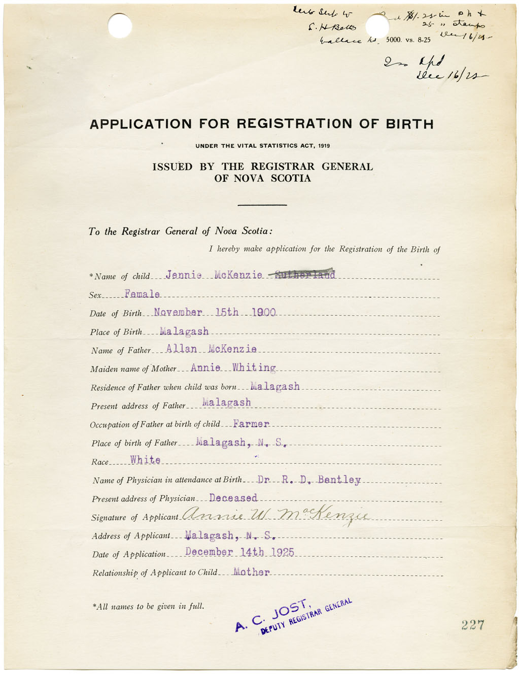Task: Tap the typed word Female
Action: (142, 294)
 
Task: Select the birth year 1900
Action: (263, 312)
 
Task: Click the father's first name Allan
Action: (181, 349)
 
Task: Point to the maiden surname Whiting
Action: (254, 367)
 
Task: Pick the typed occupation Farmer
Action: (251, 423)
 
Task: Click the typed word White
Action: (145, 460)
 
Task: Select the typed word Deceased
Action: (233, 498)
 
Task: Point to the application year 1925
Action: (282, 552)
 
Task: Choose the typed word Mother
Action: (251, 572)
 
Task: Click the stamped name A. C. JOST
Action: (272, 616)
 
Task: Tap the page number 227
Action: (473, 625)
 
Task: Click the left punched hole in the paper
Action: (120, 25)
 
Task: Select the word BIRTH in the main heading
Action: (409, 124)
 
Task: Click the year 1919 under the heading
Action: (324, 146)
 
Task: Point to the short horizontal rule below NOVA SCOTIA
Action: (262, 205)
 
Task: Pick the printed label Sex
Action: (95, 295)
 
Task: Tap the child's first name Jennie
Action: (183, 275)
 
